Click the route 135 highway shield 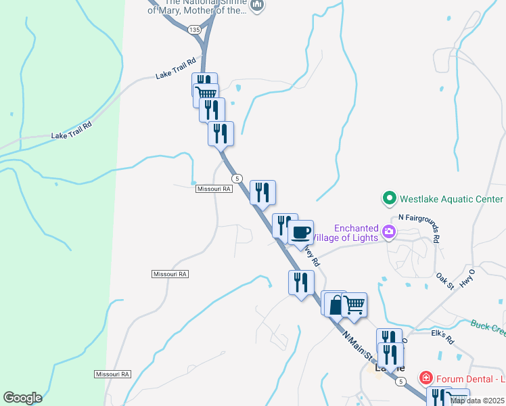click(x=195, y=30)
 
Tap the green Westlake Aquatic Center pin click(x=389, y=199)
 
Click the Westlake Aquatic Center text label click(x=451, y=199)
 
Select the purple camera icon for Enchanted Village click(x=389, y=232)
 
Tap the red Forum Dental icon click(x=426, y=376)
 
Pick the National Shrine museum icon click(x=256, y=6)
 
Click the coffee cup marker click(x=300, y=233)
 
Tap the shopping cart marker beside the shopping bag click(x=354, y=304)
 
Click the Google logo click(x=22, y=397)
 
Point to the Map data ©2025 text click(x=478, y=401)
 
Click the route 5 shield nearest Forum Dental click(x=400, y=382)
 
